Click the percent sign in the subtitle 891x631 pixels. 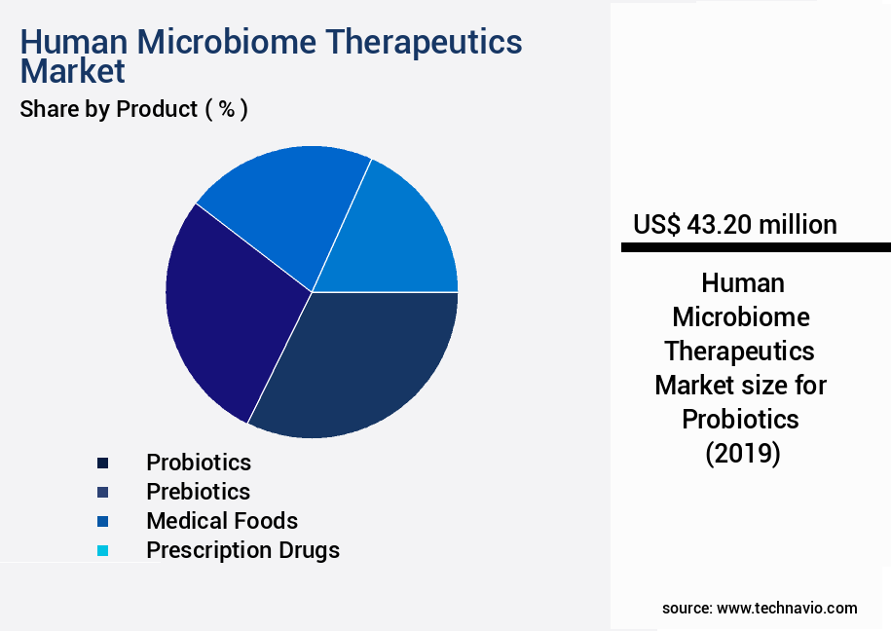coord(226,109)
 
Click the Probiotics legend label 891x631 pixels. coord(199,463)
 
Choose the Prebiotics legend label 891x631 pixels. coord(198,492)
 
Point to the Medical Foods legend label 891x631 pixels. coord(222,521)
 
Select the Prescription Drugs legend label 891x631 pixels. coord(242,550)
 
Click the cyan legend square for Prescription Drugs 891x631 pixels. coord(102,551)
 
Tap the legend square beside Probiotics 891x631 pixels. coord(102,463)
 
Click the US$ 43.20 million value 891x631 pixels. coord(734,225)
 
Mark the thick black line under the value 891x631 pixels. coord(756,248)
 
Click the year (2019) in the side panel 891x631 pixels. coord(741,453)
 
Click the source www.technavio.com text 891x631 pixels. coord(760,608)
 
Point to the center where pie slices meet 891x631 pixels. coord(312,291)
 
